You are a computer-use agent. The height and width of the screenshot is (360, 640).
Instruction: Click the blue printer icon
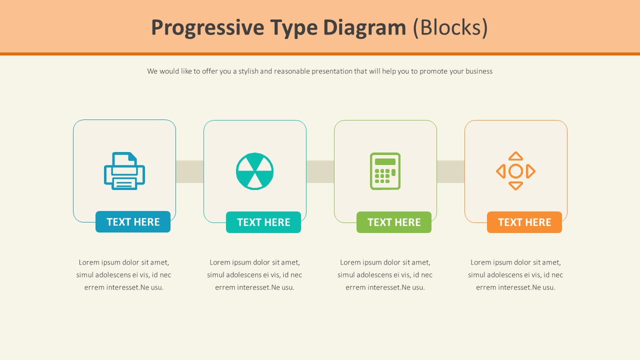tap(124, 171)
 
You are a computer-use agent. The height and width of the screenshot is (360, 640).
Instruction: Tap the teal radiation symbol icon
tap(254, 171)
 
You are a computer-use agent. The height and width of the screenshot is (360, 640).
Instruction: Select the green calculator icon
tap(385, 171)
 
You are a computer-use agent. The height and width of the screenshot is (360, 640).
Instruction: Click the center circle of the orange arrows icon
tap(515, 171)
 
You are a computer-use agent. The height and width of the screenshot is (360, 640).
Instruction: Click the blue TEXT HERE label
tap(133, 222)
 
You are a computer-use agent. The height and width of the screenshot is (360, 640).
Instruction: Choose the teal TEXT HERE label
tap(263, 222)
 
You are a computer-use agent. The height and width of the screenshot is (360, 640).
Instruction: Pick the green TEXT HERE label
tap(394, 222)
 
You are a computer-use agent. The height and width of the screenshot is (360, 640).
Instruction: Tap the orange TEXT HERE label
tap(524, 222)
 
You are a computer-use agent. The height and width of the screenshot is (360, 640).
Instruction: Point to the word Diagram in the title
tap(364, 28)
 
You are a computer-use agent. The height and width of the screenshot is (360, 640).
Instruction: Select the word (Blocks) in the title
tap(450, 28)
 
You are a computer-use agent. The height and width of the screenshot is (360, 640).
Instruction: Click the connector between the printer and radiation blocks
tap(189, 171)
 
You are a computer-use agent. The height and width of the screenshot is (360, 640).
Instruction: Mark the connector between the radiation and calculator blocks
tap(320, 171)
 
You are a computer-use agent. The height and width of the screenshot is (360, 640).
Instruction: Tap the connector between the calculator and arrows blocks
tap(450, 171)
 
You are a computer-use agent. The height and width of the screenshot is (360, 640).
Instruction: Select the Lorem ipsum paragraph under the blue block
tap(124, 274)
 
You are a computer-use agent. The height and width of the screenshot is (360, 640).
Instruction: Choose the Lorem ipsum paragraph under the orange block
tap(515, 274)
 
